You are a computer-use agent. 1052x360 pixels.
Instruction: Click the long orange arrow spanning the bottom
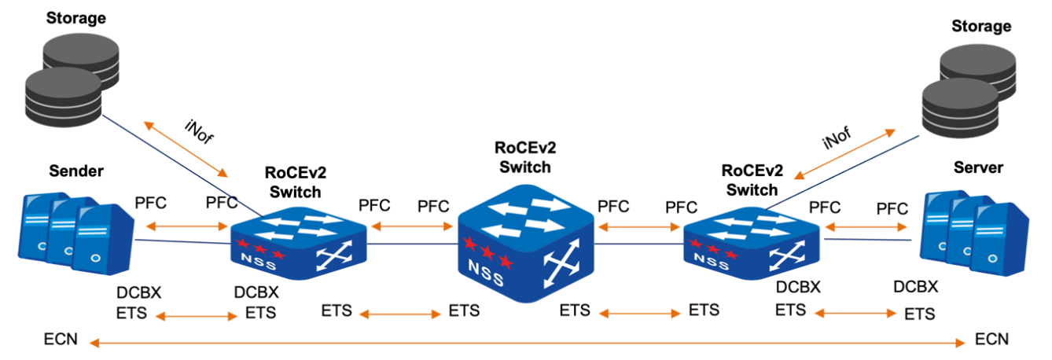(527, 343)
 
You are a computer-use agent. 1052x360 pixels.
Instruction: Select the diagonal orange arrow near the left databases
(186, 149)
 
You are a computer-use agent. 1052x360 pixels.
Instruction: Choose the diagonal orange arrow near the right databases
(844, 154)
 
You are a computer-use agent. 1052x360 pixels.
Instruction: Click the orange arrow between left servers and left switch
(187, 226)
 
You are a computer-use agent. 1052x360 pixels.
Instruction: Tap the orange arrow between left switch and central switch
(412, 226)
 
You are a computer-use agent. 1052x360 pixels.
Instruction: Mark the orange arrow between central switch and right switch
(638, 227)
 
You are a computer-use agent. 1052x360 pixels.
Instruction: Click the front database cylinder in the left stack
(63, 96)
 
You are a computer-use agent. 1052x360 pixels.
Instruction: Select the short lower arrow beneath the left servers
(196, 316)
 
